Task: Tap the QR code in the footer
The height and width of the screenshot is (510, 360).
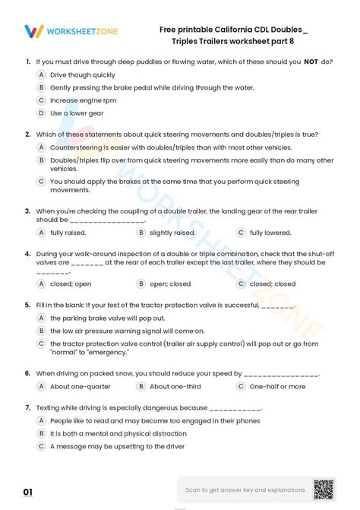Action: pos(324,489)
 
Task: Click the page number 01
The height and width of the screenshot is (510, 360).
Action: pos(28,493)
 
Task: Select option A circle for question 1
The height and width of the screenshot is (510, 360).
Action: pos(42,75)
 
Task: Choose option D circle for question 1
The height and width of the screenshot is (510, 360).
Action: pos(42,113)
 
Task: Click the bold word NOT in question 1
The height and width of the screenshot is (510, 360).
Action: pos(311,62)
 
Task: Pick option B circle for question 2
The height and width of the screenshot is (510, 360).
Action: pos(42,160)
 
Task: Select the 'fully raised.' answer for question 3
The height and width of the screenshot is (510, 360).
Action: pos(68,233)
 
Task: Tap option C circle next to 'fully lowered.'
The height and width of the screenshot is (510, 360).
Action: pos(241,233)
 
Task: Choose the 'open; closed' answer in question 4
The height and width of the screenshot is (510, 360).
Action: pos(170,284)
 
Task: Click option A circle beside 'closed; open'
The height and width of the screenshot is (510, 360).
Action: pos(42,284)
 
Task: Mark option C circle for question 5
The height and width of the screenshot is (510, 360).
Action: pos(42,344)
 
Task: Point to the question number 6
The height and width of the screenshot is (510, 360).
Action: pos(27,374)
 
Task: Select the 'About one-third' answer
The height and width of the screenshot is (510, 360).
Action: pos(175,387)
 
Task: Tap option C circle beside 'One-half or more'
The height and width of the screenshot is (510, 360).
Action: pos(241,387)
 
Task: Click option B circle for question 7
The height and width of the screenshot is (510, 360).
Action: pos(42,433)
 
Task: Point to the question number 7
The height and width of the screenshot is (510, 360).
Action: pos(27,407)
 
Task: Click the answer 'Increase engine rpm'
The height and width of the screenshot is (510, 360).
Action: pos(84,100)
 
